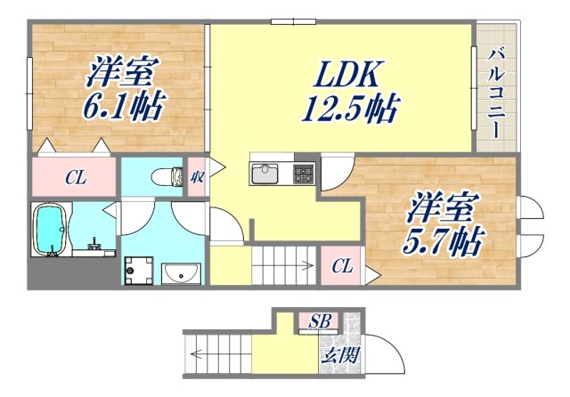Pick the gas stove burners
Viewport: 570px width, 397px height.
tap(304, 172)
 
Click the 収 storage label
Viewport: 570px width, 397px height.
tap(197, 175)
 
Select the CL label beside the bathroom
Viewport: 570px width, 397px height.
tap(75, 177)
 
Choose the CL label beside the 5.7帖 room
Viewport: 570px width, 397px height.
tap(342, 266)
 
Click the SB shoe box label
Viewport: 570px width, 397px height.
tap(317, 321)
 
